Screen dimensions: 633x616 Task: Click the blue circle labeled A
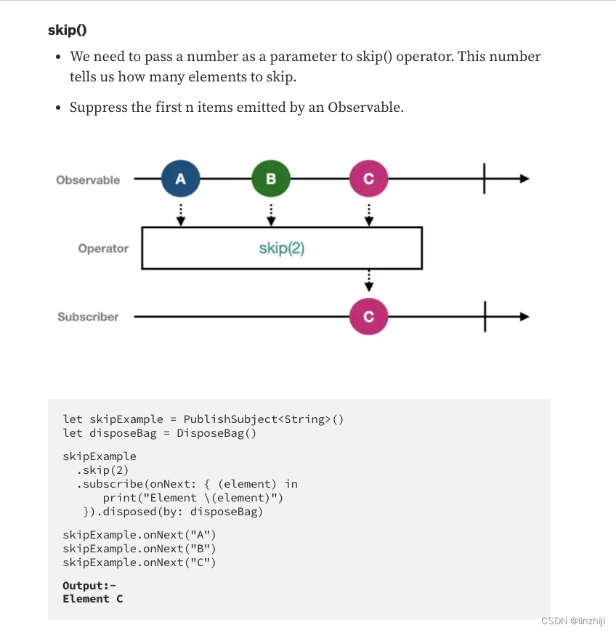click(x=180, y=179)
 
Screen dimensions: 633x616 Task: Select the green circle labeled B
click(x=270, y=179)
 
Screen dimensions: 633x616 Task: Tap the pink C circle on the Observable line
click(x=368, y=179)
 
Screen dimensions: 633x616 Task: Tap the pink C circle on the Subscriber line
click(x=368, y=317)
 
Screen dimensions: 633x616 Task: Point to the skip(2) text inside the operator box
click(x=282, y=248)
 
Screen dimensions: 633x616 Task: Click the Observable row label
click(x=88, y=180)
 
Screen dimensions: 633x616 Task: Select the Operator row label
click(x=103, y=249)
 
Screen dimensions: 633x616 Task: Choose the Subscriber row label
click(x=88, y=317)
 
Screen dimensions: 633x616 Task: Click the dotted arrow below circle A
click(x=180, y=214)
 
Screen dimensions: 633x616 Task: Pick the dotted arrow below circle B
click(x=270, y=214)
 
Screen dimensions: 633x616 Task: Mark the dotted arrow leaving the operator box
click(x=368, y=281)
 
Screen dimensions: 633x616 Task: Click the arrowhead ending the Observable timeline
click(x=524, y=179)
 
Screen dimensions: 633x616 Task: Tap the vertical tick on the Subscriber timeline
click(x=485, y=317)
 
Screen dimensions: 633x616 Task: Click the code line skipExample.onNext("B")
click(x=139, y=549)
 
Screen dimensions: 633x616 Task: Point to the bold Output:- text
click(x=89, y=585)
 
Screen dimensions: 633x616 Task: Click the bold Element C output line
click(x=93, y=599)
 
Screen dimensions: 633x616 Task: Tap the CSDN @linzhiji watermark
click(x=572, y=621)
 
